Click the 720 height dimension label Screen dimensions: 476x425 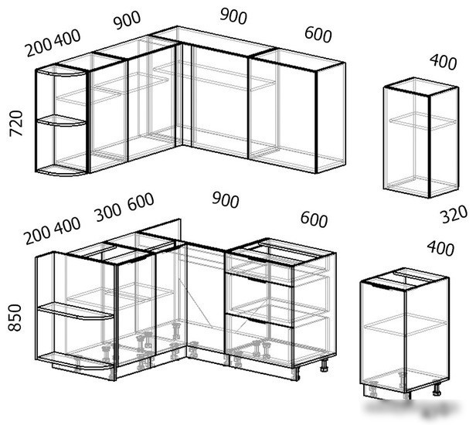tap(16, 124)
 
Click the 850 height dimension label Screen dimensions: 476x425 tap(15, 318)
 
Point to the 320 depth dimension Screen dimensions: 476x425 tap(454, 214)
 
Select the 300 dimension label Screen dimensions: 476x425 tap(108, 212)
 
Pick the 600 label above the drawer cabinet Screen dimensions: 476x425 tap(314, 219)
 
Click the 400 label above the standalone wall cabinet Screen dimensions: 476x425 tap(444, 62)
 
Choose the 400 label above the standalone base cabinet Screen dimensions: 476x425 tap(440, 248)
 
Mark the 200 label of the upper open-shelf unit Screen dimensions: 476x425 tap(39, 48)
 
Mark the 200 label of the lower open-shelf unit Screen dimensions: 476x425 tap(37, 235)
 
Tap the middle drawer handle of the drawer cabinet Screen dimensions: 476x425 tap(257, 280)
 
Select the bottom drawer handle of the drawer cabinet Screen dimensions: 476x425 tap(257, 321)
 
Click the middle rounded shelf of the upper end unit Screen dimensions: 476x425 tap(61, 121)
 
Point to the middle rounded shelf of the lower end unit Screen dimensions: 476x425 tap(75, 311)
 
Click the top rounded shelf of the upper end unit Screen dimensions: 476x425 tap(61, 71)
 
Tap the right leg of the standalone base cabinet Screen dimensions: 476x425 tap(437, 389)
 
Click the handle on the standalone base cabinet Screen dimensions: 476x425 tap(381, 286)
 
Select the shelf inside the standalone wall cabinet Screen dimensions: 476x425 tap(423, 121)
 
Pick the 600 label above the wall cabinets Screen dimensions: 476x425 tap(318, 34)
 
